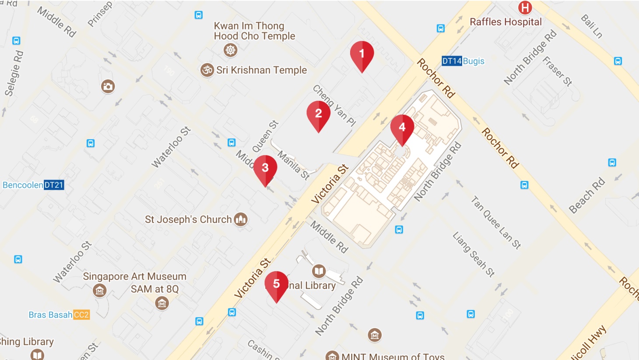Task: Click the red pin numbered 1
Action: pyautogui.click(x=362, y=55)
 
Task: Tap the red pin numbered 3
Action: pyautogui.click(x=265, y=169)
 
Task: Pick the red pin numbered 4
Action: pyautogui.click(x=402, y=128)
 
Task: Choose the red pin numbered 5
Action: pyautogui.click(x=277, y=285)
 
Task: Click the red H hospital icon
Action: pyautogui.click(x=525, y=7)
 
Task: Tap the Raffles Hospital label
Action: pyautogui.click(x=506, y=22)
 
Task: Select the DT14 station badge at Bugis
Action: pyautogui.click(x=452, y=61)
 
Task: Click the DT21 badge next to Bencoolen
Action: pyautogui.click(x=54, y=185)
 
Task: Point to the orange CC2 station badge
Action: pyautogui.click(x=81, y=315)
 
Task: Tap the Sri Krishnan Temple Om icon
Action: pyautogui.click(x=207, y=70)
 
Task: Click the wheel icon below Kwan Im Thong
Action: pyautogui.click(x=231, y=49)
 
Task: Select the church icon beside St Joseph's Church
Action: pyautogui.click(x=241, y=219)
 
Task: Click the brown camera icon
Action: pyautogui.click(x=108, y=86)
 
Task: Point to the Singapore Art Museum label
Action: pyautogui.click(x=134, y=276)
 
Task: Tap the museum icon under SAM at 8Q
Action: pyautogui.click(x=162, y=303)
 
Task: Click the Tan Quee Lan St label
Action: pyautogui.click(x=496, y=222)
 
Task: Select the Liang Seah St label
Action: pyautogui.click(x=474, y=254)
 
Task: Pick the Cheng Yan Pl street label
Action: pyautogui.click(x=334, y=106)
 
